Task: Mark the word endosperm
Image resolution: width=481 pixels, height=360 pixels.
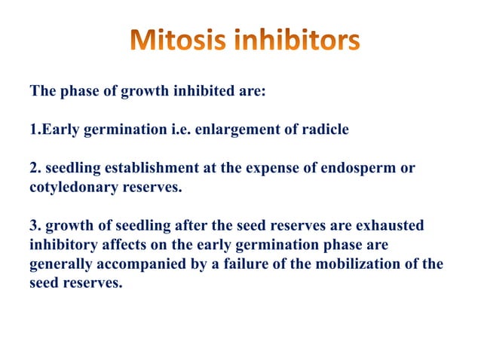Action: [360, 166]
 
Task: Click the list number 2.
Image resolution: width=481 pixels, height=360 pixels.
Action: [34, 166]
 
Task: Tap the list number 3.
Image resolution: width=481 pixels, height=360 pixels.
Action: [34, 225]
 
